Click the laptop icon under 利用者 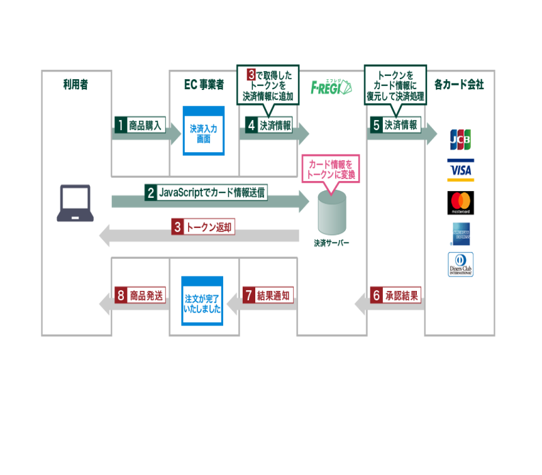pos(75,203)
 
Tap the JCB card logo pos(460,139)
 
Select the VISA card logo pos(460,170)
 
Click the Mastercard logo pos(460,203)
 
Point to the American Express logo pos(460,234)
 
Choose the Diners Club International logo pos(460,265)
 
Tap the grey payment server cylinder pos(331,212)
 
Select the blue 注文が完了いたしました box pos(202,300)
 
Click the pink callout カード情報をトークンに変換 pos(331,169)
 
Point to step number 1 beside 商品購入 pos(120,125)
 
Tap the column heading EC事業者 pos(204,84)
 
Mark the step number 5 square pos(376,125)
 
